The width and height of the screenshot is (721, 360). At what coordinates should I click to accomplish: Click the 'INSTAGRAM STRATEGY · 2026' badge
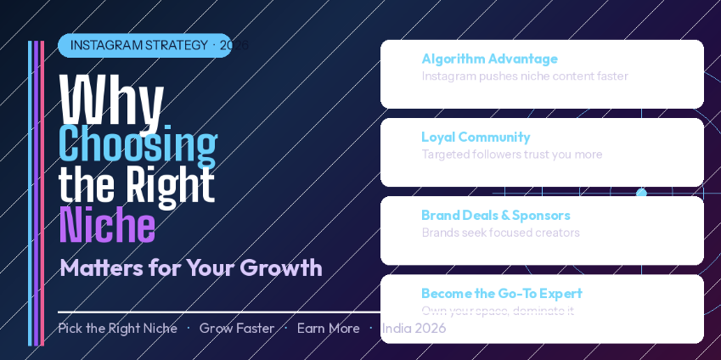click(144, 45)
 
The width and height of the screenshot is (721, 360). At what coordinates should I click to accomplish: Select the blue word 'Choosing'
click(138, 144)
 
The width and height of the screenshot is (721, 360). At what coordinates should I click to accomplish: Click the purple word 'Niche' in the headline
click(107, 226)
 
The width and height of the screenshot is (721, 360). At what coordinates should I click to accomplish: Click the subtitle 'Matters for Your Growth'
click(191, 267)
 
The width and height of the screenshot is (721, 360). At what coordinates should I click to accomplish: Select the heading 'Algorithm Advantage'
click(489, 59)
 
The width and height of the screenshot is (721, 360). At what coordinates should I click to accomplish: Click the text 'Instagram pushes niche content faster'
click(525, 76)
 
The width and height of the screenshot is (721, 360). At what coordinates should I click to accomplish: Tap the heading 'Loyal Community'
click(476, 137)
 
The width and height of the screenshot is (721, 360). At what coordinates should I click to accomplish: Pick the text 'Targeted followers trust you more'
click(511, 155)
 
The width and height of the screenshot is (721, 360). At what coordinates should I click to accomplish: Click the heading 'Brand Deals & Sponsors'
click(495, 215)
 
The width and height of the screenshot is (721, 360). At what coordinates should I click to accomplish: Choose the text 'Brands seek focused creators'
click(500, 233)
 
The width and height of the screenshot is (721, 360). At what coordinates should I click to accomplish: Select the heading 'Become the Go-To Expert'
click(501, 293)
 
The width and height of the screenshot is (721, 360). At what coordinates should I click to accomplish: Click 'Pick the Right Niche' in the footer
click(117, 329)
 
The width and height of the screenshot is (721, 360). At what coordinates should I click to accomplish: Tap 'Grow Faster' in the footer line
click(237, 329)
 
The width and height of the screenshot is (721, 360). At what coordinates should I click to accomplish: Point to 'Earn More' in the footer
click(328, 329)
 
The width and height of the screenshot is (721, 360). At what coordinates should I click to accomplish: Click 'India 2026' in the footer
click(414, 329)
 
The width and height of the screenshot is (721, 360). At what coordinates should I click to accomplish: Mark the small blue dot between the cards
click(641, 193)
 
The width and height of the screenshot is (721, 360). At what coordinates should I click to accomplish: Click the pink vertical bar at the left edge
click(42, 194)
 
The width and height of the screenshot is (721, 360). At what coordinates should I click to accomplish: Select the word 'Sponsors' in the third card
click(541, 215)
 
